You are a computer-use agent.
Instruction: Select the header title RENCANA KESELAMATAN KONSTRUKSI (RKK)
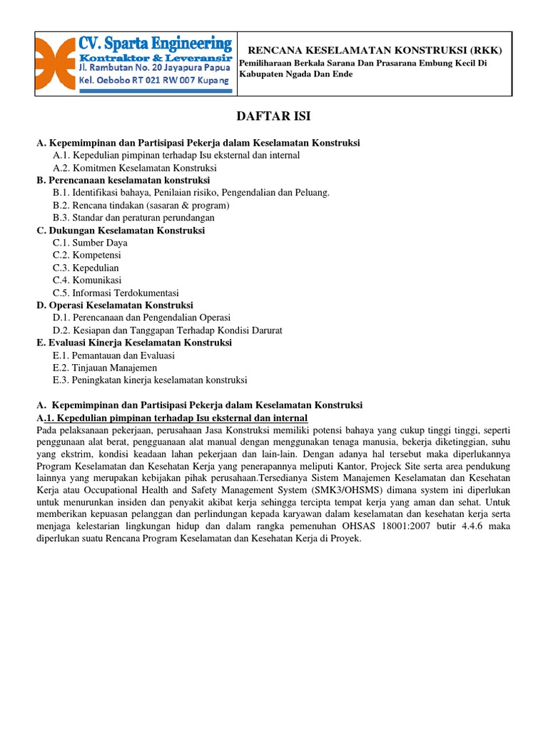tap(375, 50)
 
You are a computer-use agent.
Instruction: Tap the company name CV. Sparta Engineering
tap(155, 43)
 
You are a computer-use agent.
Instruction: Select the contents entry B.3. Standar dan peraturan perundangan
tap(133, 218)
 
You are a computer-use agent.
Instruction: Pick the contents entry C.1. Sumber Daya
tap(90, 243)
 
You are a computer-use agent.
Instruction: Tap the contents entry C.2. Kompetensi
tap(86, 255)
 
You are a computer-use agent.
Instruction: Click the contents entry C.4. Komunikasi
tap(87, 280)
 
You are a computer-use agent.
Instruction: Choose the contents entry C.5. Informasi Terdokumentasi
tap(116, 293)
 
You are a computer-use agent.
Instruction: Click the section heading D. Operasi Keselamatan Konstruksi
tap(115, 305)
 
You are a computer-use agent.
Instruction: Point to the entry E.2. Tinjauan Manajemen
tap(105, 368)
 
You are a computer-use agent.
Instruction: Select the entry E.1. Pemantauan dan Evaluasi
tap(113, 355)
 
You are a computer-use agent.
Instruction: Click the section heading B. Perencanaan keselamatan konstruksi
tap(123, 180)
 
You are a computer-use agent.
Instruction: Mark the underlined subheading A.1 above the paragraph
tap(171, 418)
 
